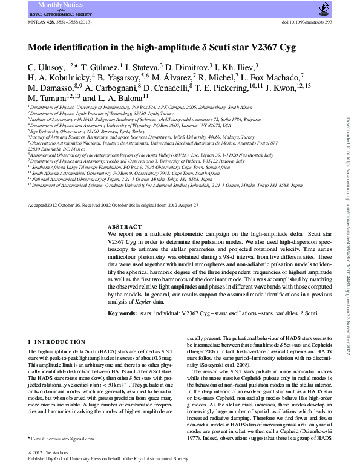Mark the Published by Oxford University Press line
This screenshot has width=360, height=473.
coord(113,460)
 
